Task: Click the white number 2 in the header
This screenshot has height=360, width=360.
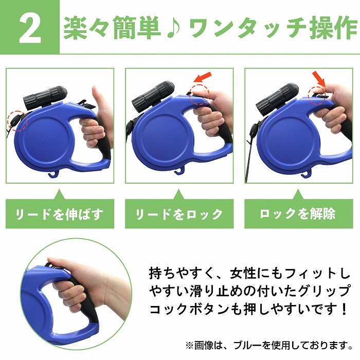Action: click(30, 29)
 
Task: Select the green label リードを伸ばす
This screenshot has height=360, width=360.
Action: click(60, 214)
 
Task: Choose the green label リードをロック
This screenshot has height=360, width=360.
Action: click(179, 214)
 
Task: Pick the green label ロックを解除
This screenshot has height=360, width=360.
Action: click(298, 214)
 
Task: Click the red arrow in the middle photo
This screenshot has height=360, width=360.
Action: click(202, 77)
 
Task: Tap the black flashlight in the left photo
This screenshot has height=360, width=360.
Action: click(45, 96)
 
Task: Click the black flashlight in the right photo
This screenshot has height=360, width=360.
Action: click(277, 96)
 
